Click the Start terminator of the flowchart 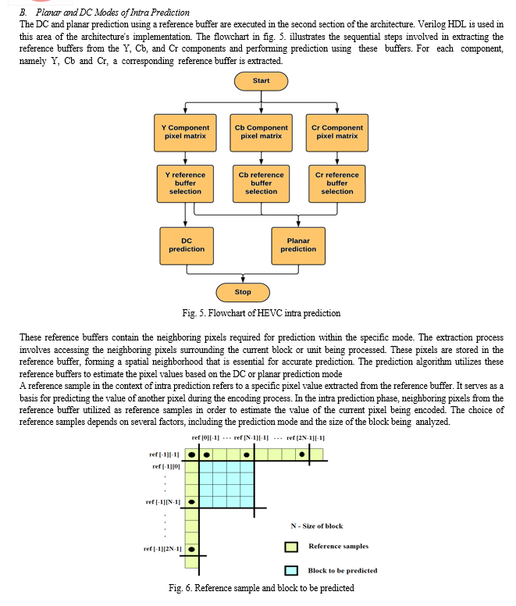261,81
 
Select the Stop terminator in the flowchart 243,292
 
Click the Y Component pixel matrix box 185,133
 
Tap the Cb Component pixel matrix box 261,133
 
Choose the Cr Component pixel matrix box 337,133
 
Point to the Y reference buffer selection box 185,184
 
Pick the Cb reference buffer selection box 261,184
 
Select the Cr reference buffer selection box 337,184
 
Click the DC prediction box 187,246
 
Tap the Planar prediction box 298,246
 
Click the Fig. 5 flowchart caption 262,313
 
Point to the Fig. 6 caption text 262,588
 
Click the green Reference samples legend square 291,547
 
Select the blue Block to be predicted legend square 291,571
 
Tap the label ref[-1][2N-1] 162,549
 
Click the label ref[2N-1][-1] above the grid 305,438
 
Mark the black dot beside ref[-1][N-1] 191,502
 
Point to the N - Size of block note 317,526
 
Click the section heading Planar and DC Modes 112,12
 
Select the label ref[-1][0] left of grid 166,466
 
